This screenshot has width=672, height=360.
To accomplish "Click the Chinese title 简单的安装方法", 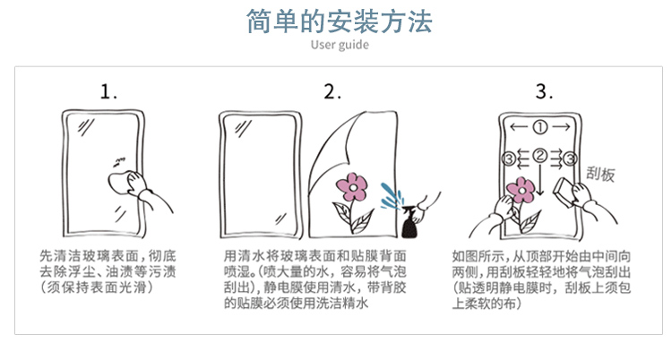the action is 339,21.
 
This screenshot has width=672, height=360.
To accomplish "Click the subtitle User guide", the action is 340,45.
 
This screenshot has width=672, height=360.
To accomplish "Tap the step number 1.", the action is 108,91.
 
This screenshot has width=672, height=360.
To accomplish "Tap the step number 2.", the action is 332,91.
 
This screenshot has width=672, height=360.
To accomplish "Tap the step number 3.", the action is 544,91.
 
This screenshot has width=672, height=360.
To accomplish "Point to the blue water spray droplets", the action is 392,196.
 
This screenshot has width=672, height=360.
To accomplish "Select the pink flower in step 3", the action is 521,190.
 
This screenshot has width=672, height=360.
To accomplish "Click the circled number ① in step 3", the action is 540,127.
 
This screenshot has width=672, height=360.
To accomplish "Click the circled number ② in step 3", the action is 540,156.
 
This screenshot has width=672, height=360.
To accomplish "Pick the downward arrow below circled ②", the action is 540,180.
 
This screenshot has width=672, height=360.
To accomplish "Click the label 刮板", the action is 600,175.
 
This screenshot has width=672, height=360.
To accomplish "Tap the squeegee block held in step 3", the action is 565,191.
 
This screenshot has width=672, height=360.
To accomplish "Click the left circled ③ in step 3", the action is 509,159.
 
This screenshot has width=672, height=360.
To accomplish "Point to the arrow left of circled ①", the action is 519,127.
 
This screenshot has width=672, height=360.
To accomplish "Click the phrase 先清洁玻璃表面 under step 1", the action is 89,256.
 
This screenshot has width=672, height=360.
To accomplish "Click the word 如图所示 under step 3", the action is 477,256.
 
